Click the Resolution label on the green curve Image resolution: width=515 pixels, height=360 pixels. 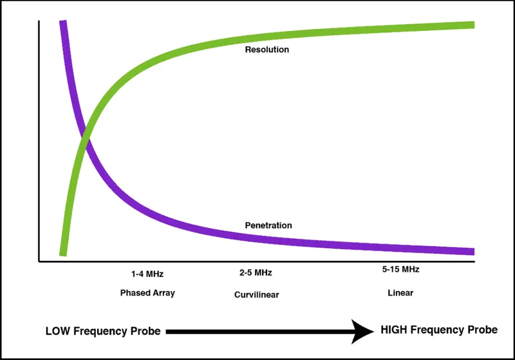coord(267,50)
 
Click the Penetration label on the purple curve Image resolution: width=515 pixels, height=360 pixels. coord(268,225)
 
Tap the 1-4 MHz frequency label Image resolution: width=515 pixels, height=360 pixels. coord(147,274)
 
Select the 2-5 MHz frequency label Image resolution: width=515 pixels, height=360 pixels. coord(256,272)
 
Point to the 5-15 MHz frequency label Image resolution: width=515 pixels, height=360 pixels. coord(400,270)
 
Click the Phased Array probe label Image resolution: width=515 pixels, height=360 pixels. coord(147,292)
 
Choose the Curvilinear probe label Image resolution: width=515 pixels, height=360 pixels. coord(256,295)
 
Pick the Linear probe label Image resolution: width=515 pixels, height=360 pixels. coord(400,292)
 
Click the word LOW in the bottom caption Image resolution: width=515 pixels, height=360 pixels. coord(58,332)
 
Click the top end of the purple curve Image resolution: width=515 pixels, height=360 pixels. coord(63,23)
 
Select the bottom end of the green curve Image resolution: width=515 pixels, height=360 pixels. coord(63,252)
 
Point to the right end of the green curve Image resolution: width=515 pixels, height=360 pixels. coord(472,25)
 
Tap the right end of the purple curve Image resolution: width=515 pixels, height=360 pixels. coord(472,251)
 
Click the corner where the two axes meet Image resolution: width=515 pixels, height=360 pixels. coord(39,261)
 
